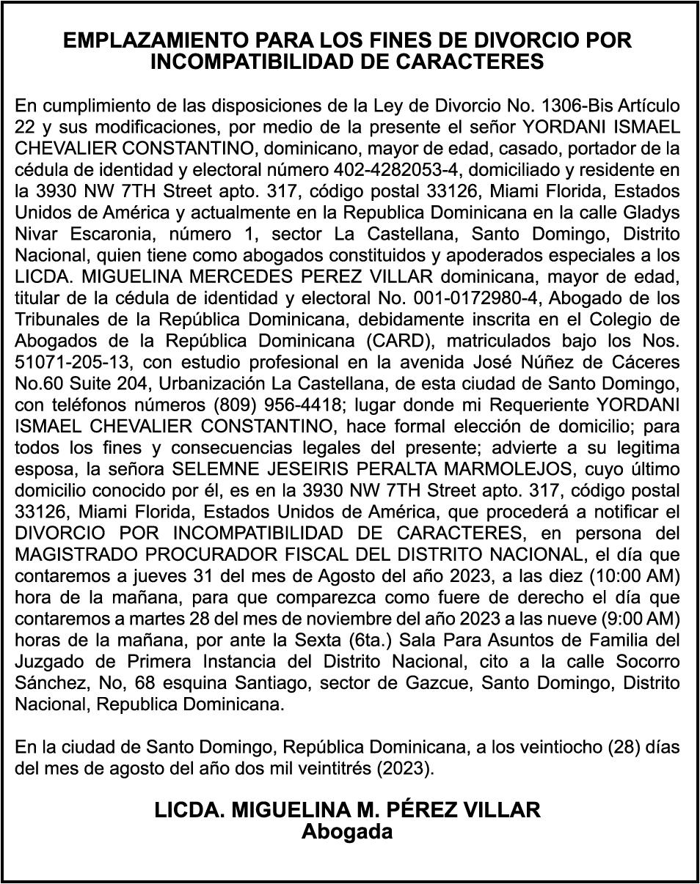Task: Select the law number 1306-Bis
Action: pos(553,105)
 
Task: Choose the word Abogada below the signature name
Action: pos(347,831)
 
